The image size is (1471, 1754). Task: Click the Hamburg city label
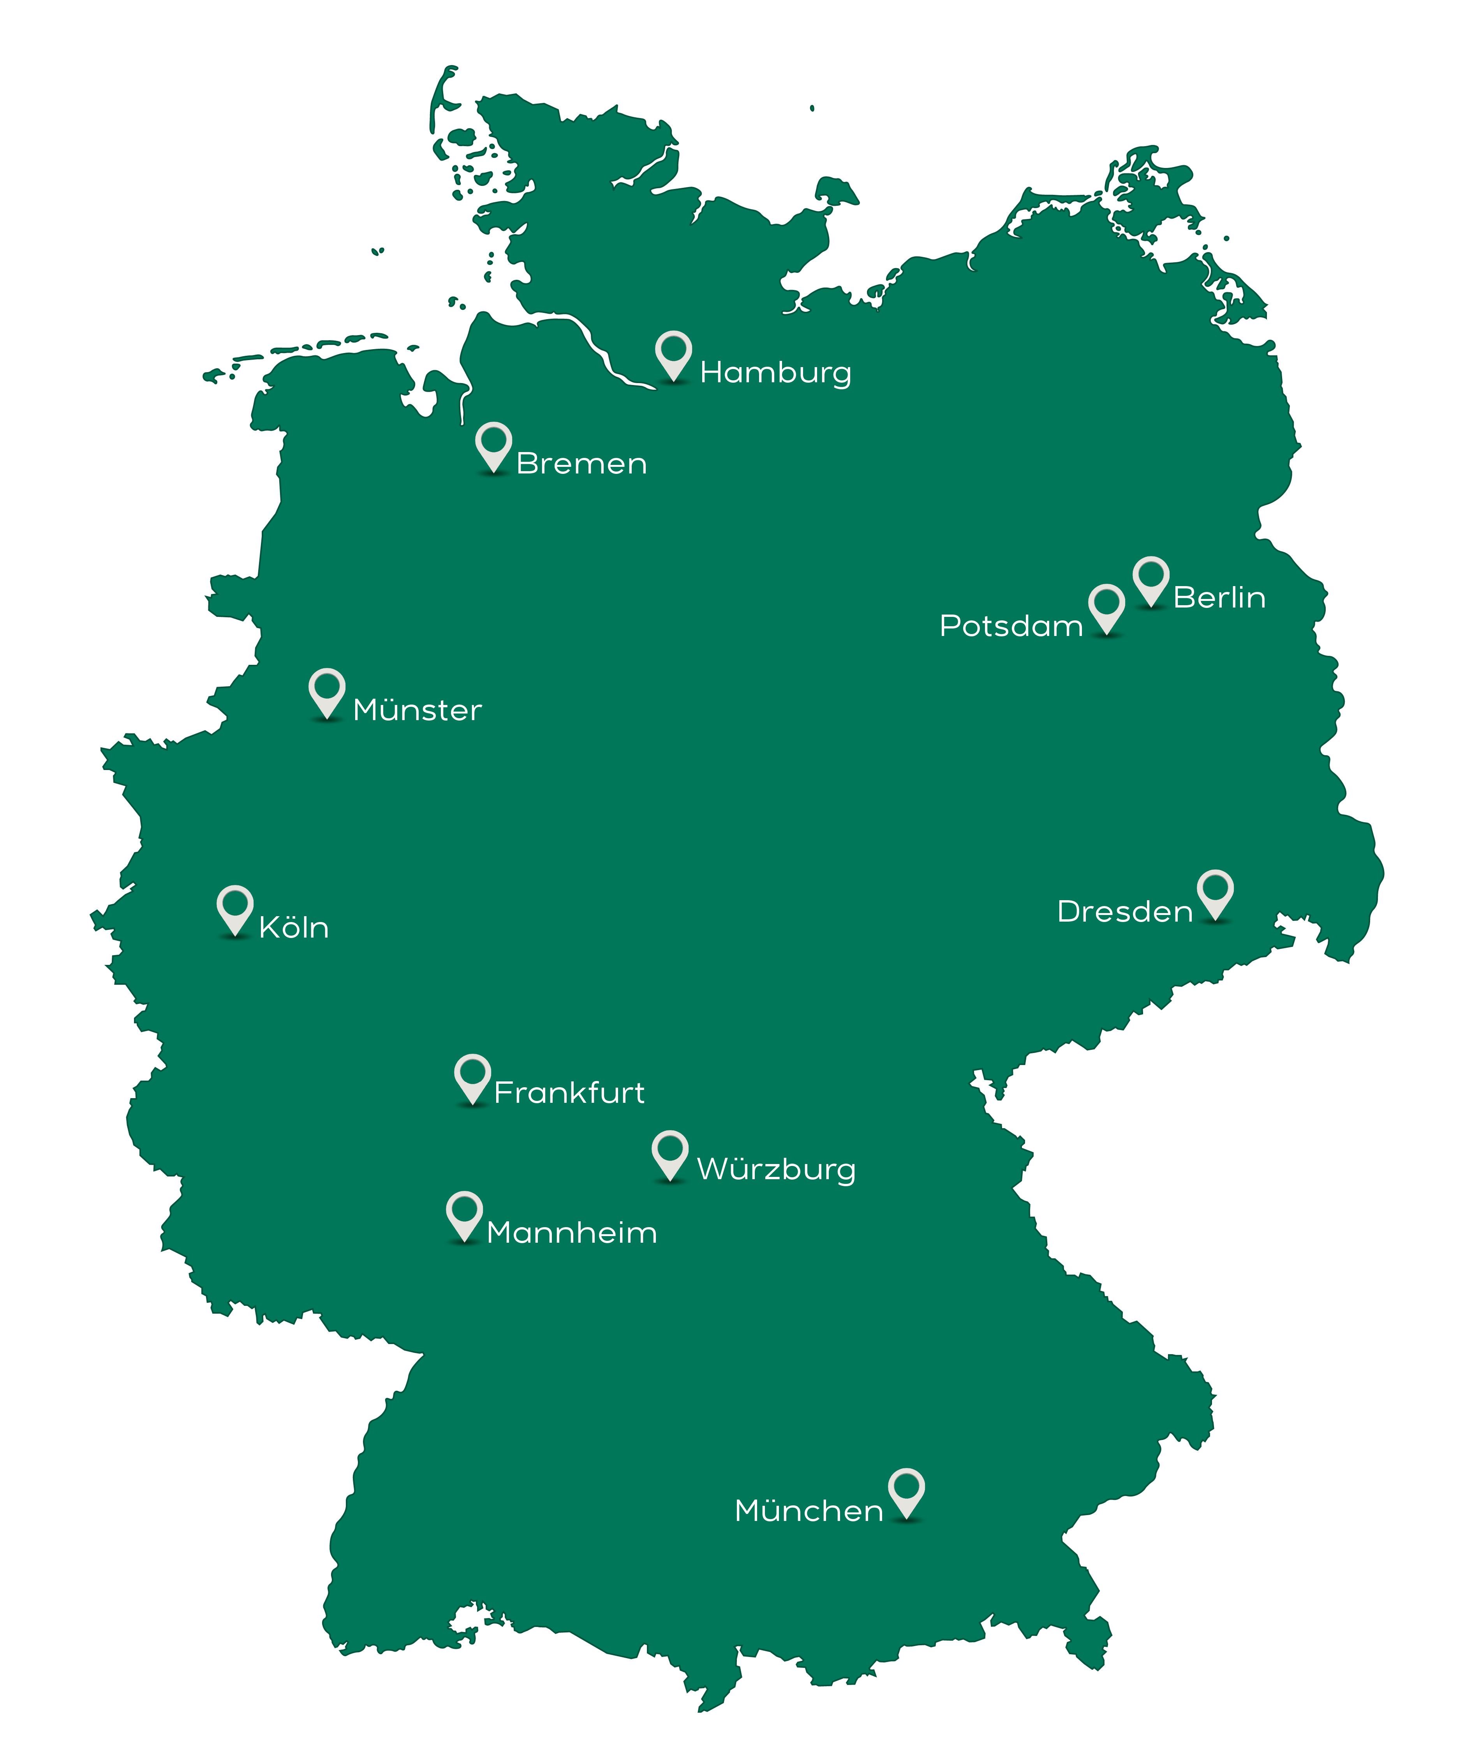775,373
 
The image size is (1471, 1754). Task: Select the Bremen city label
581,464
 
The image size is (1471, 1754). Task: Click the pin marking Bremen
493,445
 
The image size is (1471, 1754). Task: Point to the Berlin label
1219,598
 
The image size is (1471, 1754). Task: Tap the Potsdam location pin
1106,607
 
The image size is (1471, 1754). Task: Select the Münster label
418,710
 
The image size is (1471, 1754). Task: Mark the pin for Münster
326,692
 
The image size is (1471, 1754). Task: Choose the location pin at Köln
234,909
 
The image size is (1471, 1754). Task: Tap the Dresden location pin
1215,893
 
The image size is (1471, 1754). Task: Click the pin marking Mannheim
464,1214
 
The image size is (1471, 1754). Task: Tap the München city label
808,1511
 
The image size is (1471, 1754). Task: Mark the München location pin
906,1492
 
